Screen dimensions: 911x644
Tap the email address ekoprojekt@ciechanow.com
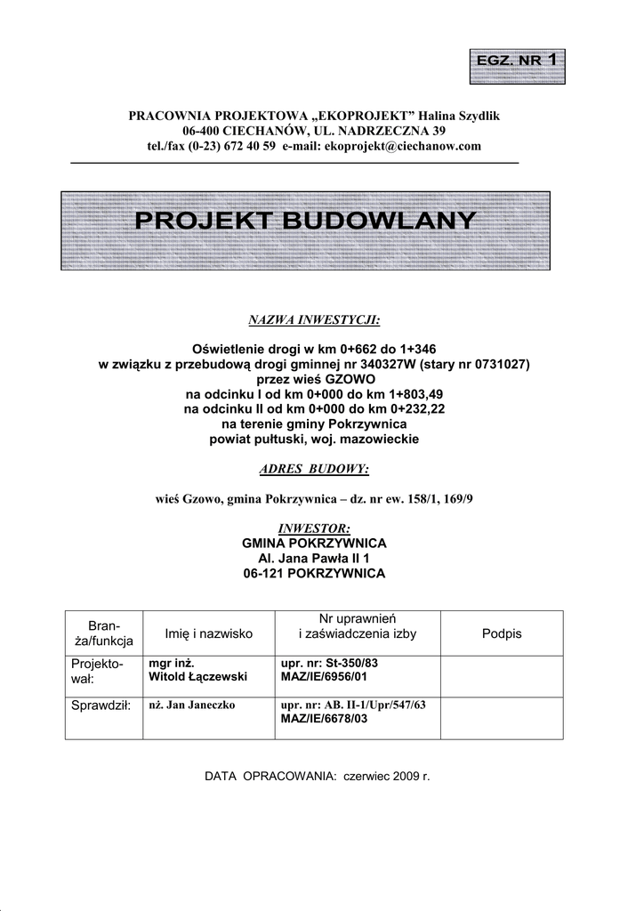click(403, 145)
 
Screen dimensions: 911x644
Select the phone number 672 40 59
click(254, 145)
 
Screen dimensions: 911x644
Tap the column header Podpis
click(502, 633)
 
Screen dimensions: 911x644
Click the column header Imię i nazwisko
click(209, 633)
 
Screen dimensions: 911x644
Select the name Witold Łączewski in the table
click(198, 677)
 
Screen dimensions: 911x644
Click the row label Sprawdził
click(100, 705)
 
